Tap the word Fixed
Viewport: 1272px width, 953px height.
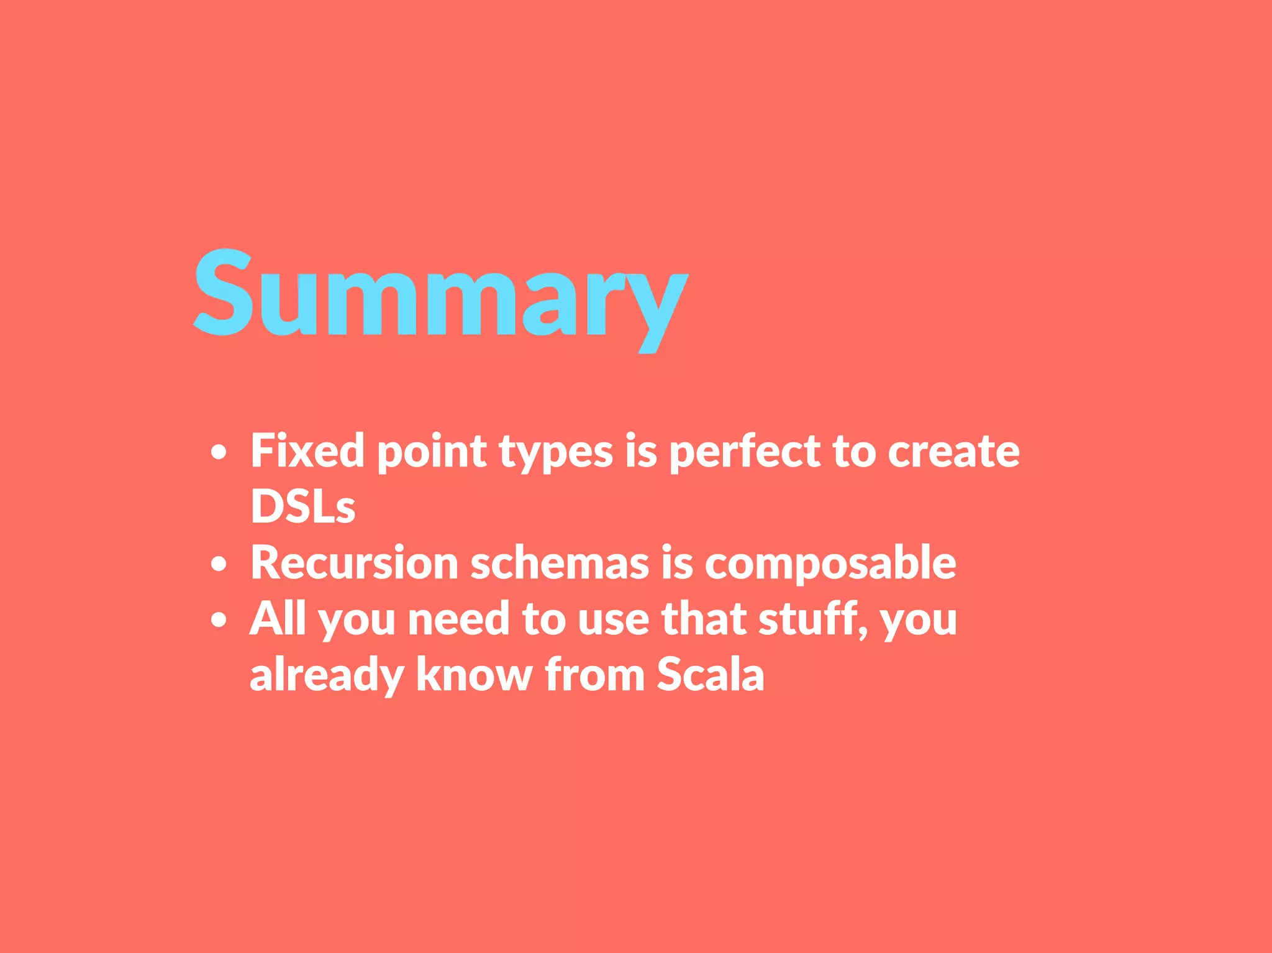(x=307, y=450)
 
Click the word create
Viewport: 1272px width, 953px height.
(x=953, y=452)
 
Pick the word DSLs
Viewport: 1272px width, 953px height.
(x=302, y=506)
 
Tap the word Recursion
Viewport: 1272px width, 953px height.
(x=354, y=563)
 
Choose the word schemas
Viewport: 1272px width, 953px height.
(x=560, y=563)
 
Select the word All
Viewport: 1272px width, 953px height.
(x=278, y=619)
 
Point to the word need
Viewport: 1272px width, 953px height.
(x=458, y=619)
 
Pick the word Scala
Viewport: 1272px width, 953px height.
(x=710, y=675)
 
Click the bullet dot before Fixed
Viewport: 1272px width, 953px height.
(x=218, y=453)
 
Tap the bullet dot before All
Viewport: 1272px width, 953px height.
(x=218, y=620)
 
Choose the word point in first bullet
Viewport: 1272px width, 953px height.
(x=432, y=452)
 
